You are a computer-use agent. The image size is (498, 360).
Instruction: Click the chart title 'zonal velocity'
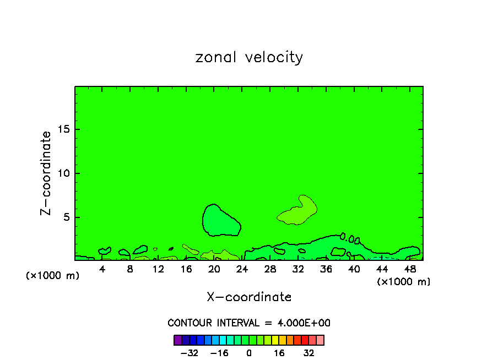click(x=249, y=57)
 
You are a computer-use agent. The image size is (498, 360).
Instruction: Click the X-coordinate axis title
click(x=249, y=297)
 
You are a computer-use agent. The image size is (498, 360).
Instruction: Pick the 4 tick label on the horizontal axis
click(x=102, y=269)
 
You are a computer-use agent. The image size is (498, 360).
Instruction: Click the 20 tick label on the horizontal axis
click(x=214, y=269)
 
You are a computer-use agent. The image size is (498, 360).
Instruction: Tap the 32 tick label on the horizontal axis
click(x=298, y=269)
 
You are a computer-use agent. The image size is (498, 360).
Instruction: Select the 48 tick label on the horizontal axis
click(x=409, y=269)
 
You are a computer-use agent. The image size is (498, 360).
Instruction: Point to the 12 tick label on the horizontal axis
click(x=158, y=269)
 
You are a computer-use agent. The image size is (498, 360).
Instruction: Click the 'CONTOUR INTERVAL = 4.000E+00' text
click(x=249, y=323)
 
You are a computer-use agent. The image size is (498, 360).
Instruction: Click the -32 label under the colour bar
click(x=189, y=353)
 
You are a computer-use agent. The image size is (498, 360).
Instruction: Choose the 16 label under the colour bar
click(x=279, y=353)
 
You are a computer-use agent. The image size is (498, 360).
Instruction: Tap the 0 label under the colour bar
click(x=249, y=353)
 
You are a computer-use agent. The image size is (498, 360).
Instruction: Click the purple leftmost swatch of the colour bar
click(x=177, y=340)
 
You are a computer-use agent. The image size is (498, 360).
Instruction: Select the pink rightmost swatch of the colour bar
click(x=320, y=340)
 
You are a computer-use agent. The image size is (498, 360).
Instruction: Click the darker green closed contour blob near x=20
click(x=220, y=221)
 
